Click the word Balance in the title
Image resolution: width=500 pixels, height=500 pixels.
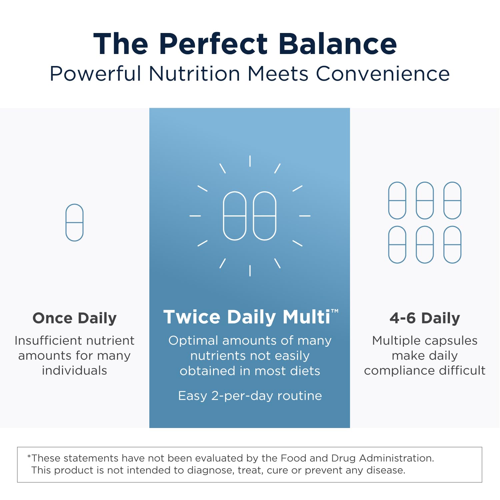point(338,44)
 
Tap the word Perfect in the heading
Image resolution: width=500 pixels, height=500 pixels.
point(213,44)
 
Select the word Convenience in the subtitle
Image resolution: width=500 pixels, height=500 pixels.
point(383,74)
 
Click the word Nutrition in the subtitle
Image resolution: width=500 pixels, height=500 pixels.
point(194,74)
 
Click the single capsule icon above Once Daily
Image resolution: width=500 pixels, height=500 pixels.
point(74,222)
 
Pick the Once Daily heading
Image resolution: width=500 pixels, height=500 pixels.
point(74,318)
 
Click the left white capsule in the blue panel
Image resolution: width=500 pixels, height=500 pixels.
point(235,216)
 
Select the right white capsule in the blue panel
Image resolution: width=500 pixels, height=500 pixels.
point(265,216)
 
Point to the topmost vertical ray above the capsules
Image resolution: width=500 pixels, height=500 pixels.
point(250,161)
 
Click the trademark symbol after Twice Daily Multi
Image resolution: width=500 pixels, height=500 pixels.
point(335,311)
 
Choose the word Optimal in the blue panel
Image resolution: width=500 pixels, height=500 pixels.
point(193,341)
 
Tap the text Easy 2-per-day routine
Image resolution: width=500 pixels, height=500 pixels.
point(250,396)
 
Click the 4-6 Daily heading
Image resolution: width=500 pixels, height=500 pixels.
point(425,318)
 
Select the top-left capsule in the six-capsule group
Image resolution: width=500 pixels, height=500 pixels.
point(397,200)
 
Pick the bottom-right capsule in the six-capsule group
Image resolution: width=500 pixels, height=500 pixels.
point(452,245)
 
